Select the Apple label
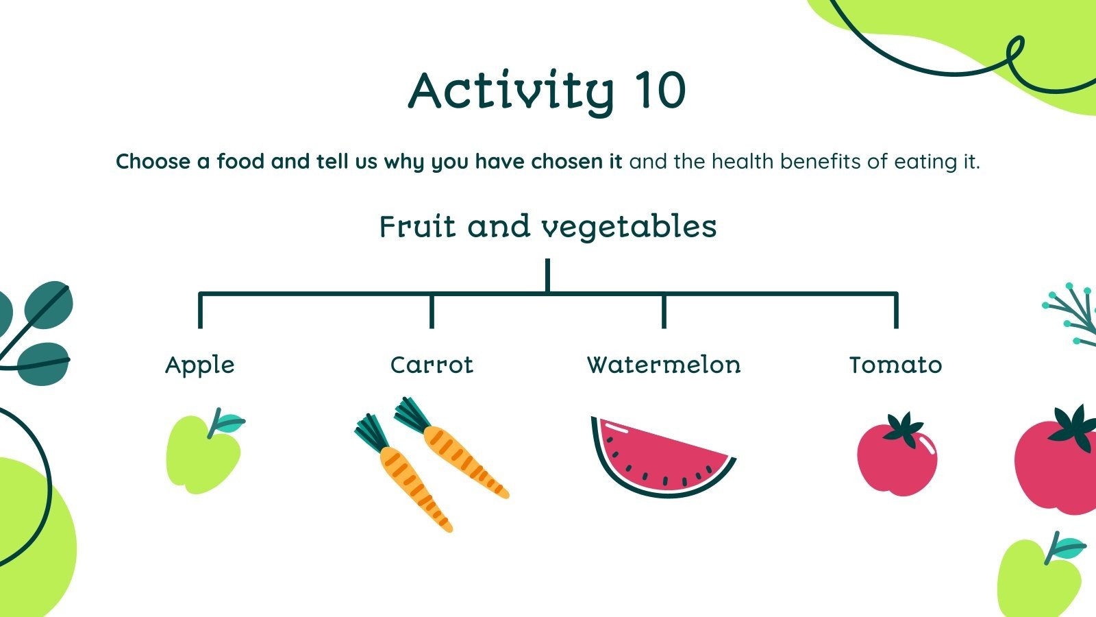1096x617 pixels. point(200,365)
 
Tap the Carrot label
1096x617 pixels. point(432,365)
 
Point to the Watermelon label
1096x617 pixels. point(664,365)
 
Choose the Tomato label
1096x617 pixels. point(895,365)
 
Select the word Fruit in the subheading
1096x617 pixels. point(417,227)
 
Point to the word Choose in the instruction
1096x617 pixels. point(153,162)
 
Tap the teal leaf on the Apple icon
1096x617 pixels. point(230,422)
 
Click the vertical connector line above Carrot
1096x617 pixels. point(432,311)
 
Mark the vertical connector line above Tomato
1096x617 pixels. point(895,311)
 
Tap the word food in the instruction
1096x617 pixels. point(241,162)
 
